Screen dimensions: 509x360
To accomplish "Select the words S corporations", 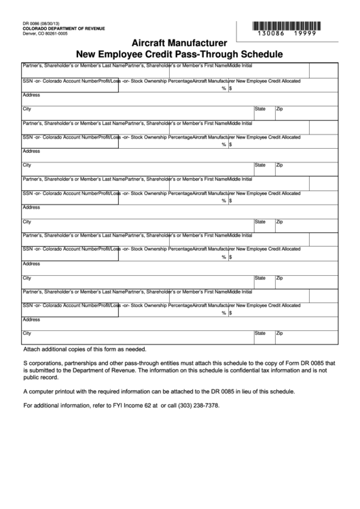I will click(x=43, y=364).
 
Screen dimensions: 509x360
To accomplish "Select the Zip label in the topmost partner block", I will click(x=279, y=108).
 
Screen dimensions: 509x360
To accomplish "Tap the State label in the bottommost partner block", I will click(x=260, y=333).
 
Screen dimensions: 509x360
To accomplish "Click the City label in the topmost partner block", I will click(x=27, y=108).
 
